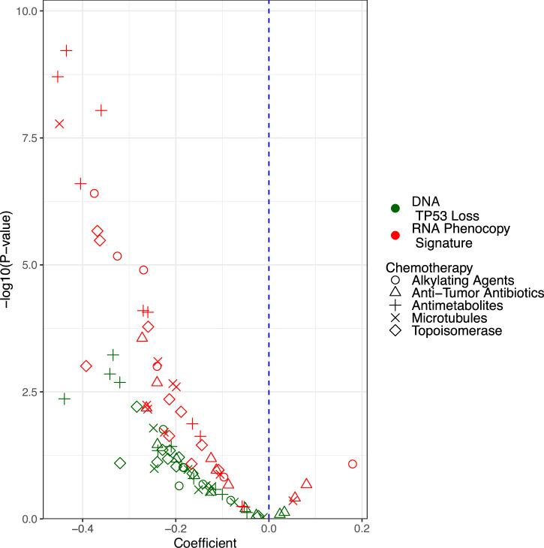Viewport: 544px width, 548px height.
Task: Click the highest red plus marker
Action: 66,50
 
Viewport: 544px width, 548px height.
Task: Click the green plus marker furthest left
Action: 65,399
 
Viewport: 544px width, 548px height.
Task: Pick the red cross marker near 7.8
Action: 59,124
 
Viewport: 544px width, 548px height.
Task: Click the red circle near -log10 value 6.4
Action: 95,194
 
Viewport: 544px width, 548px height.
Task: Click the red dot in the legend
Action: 395,236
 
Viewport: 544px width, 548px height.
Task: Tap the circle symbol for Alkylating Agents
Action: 395,280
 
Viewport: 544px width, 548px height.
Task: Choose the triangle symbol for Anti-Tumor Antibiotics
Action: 395,293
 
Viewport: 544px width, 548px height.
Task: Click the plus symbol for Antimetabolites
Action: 395,306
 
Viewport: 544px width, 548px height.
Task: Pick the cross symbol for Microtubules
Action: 395,318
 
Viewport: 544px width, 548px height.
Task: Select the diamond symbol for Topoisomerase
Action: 395,331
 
